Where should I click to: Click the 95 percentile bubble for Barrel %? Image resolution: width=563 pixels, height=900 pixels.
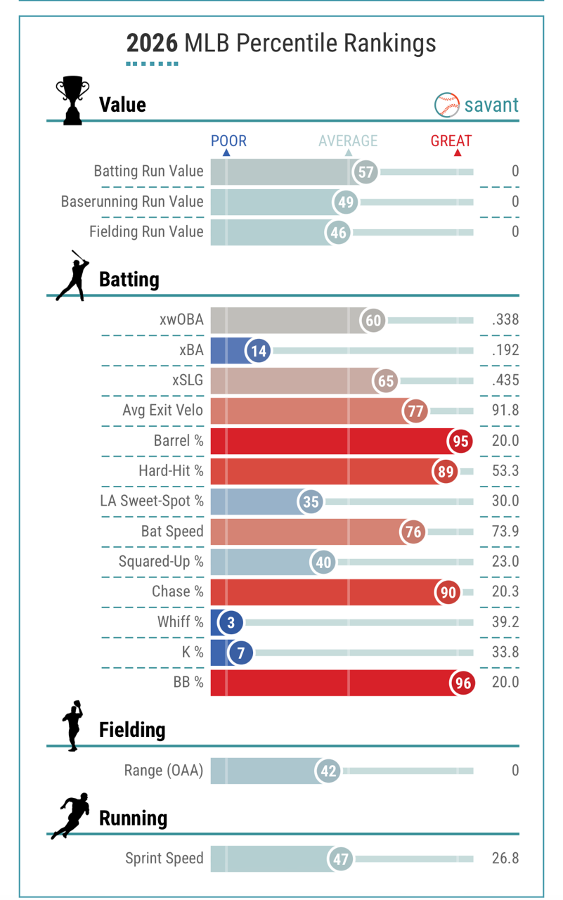[460, 442]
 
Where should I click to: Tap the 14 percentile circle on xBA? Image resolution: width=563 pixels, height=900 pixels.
[259, 350]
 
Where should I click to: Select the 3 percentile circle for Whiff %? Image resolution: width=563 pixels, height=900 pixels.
[231, 622]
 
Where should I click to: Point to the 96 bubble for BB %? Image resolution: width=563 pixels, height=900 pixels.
[462, 683]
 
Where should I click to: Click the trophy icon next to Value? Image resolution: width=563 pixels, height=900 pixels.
[72, 101]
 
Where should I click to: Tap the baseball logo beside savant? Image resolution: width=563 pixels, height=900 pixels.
[447, 105]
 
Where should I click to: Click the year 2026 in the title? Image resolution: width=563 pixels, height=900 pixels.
[152, 44]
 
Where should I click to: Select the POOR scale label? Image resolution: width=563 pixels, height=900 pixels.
[228, 141]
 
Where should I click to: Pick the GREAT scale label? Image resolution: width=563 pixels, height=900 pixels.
[451, 141]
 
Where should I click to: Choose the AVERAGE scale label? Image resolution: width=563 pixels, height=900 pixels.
[348, 141]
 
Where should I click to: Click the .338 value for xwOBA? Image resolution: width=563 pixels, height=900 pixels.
[505, 321]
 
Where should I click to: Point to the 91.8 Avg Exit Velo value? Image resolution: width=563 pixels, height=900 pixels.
[505, 411]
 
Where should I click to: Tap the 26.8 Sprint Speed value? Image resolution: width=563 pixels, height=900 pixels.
[505, 859]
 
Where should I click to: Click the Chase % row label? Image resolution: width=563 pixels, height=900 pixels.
[177, 592]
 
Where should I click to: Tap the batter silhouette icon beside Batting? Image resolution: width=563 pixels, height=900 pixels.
[73, 276]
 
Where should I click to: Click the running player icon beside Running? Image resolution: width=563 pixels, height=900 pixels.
[70, 816]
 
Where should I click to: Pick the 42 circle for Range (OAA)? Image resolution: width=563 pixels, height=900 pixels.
[328, 771]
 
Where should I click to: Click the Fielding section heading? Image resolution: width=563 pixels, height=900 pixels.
[132, 730]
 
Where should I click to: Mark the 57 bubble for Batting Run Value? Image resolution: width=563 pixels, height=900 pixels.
[365, 172]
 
